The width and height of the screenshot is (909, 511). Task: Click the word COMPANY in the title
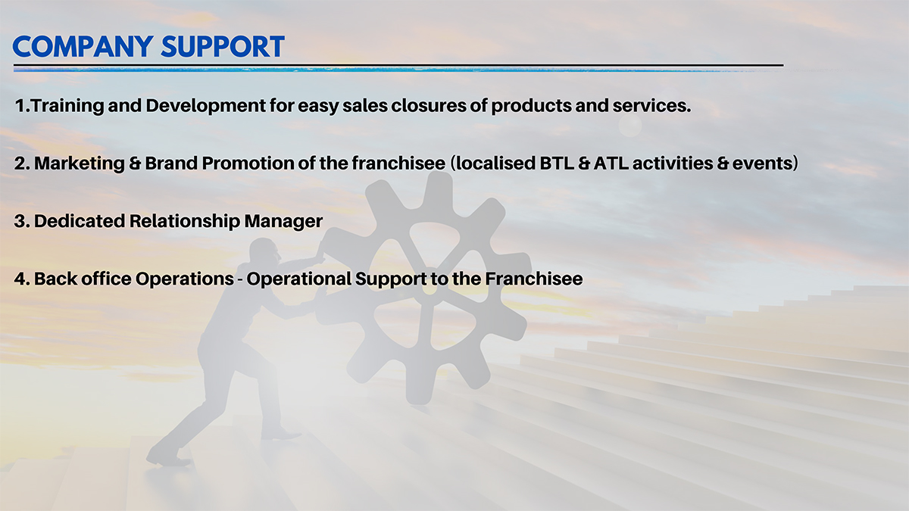[83, 46]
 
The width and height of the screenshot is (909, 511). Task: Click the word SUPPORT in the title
[223, 46]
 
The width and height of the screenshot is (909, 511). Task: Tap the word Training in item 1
[67, 106]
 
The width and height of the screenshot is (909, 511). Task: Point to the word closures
[428, 106]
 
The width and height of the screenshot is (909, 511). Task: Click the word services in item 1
[651, 106]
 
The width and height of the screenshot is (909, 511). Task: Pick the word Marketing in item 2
[80, 164]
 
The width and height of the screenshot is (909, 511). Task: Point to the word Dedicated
[80, 221]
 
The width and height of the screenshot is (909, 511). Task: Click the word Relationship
[185, 222]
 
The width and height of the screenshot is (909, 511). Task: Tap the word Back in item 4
[55, 279]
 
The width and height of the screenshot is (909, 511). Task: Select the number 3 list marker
[21, 221]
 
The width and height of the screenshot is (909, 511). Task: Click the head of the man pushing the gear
[264, 251]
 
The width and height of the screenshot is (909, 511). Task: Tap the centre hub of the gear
[430, 288]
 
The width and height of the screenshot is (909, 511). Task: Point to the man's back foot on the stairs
[167, 457]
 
